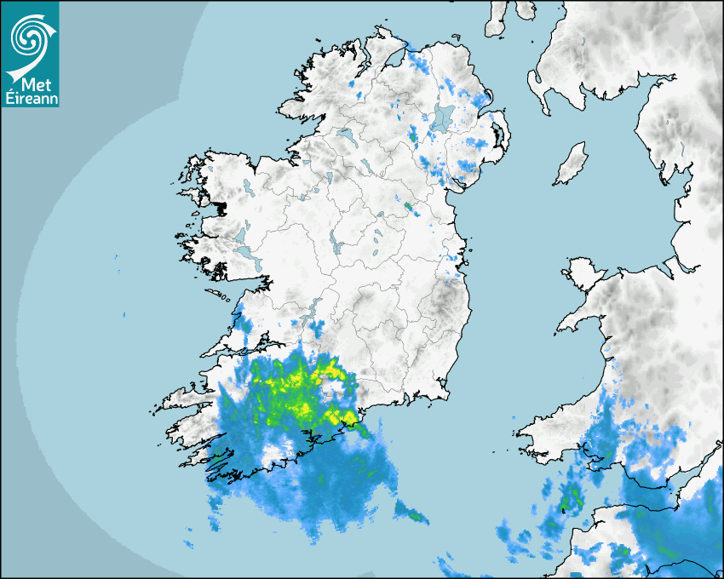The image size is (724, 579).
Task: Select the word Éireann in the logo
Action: point(28,98)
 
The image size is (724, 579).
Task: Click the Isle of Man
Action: point(572,164)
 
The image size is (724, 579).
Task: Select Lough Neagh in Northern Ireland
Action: point(443,118)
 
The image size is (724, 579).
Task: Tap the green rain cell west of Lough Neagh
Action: point(413,135)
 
